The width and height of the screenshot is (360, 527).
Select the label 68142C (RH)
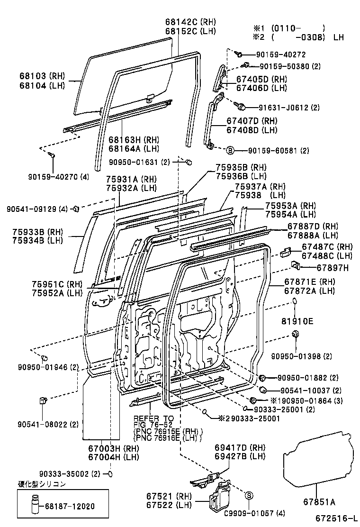[190, 22]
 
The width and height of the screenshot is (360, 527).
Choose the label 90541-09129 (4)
[37, 208]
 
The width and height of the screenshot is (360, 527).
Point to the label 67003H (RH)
[107, 447]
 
